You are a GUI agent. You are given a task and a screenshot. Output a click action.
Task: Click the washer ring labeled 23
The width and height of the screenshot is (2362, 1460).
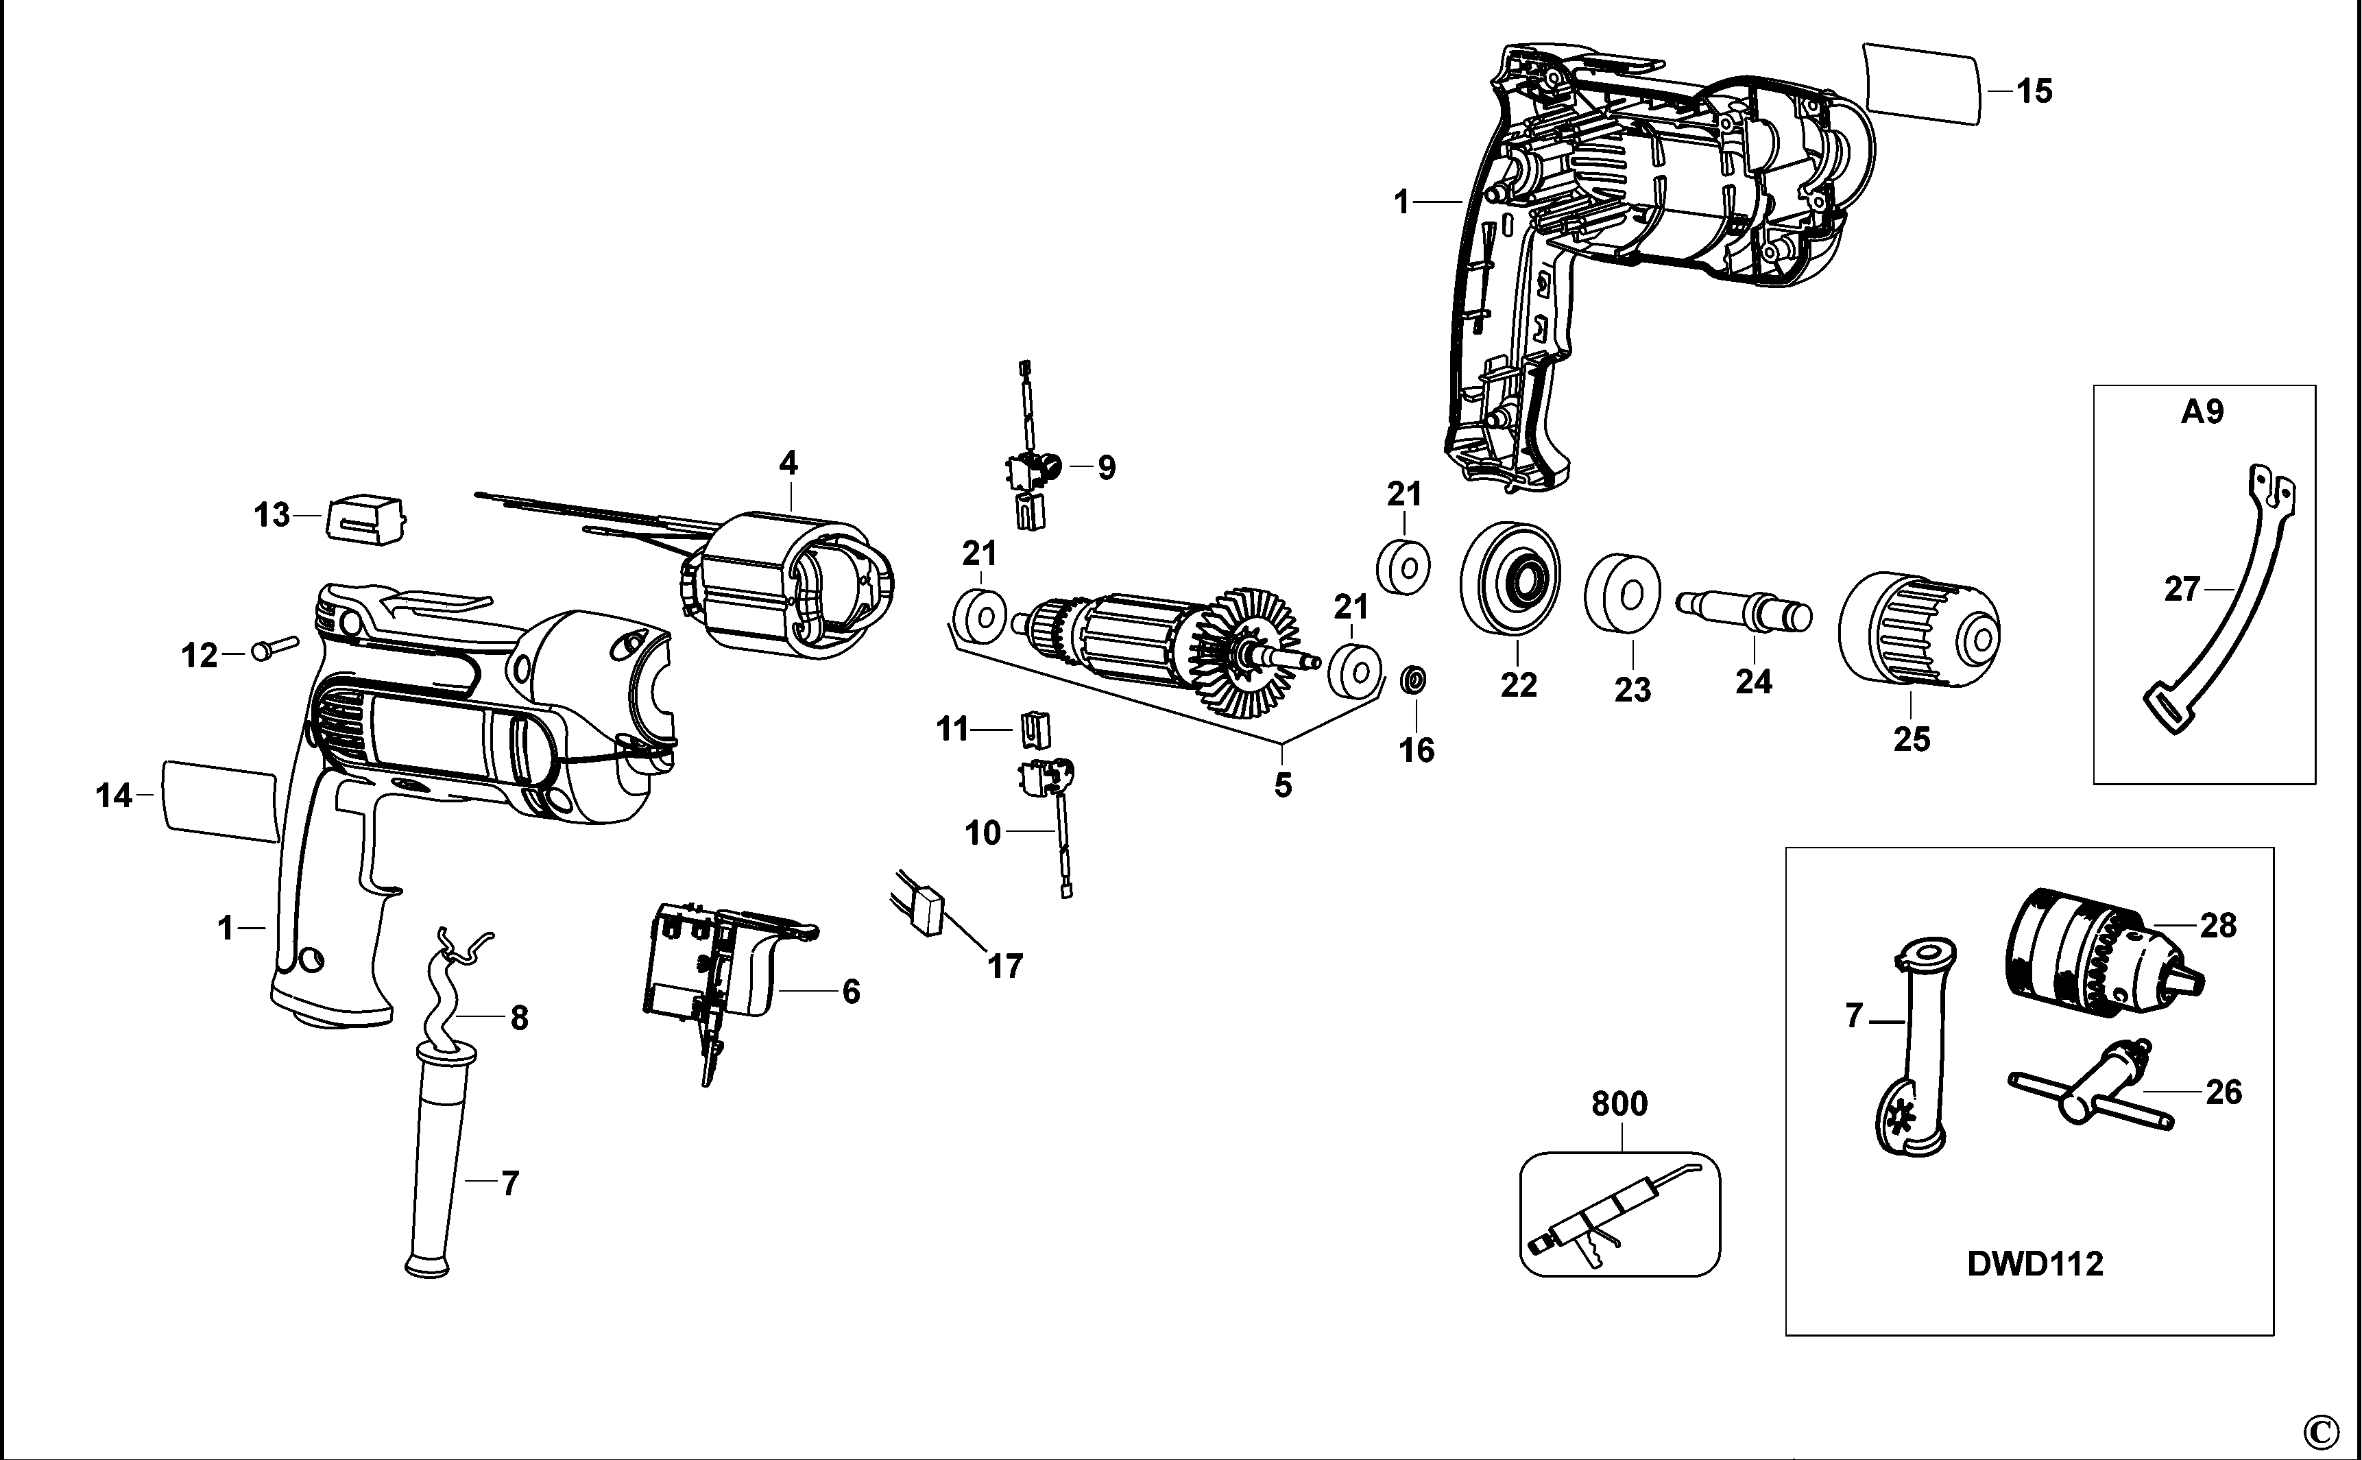(1623, 591)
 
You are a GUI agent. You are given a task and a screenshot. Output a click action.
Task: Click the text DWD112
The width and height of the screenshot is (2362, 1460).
(2034, 1264)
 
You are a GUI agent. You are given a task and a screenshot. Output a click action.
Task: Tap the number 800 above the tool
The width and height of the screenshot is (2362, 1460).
(1619, 1103)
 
